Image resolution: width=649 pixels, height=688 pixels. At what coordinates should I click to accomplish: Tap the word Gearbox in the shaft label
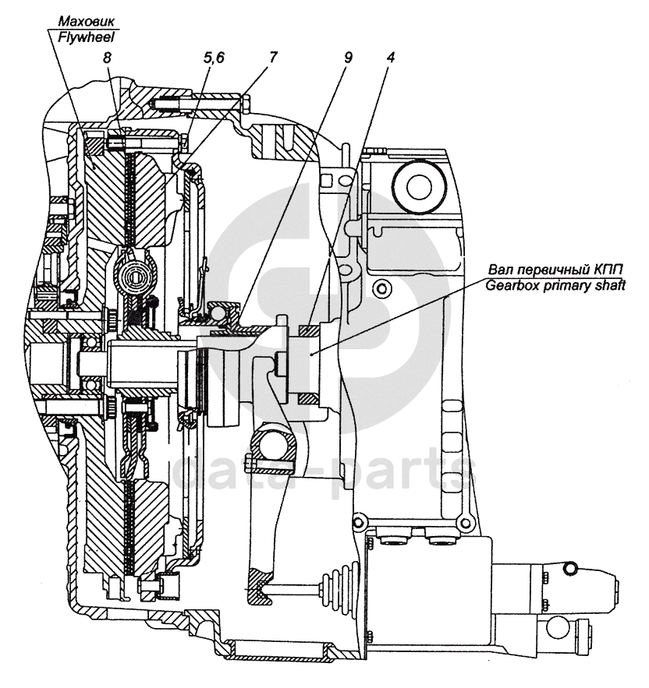pos(508,285)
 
